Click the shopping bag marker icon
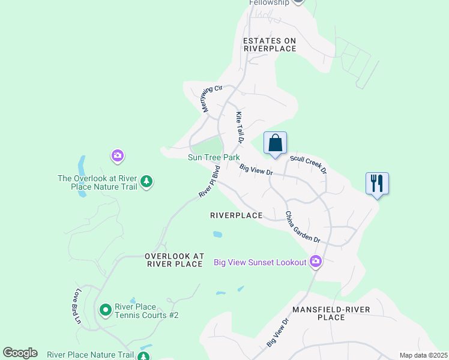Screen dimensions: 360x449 coord(275,143)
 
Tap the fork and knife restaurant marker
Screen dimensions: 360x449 coord(377,183)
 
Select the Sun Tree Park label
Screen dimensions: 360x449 coord(214,158)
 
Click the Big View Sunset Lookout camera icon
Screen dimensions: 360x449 coord(316,262)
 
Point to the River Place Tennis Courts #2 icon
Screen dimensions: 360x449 coord(106,310)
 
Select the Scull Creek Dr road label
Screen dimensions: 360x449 coord(308,164)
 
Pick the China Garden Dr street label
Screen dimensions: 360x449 coord(302,227)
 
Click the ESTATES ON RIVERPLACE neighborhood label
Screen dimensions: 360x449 coord(270,45)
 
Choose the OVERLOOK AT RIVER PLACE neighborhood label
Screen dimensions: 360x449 coord(175,260)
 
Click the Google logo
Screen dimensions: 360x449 coord(20,353)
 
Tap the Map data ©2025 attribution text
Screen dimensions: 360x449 coord(423,355)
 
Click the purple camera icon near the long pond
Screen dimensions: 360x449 coord(118,157)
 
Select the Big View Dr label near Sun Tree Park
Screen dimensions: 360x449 coord(256,170)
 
